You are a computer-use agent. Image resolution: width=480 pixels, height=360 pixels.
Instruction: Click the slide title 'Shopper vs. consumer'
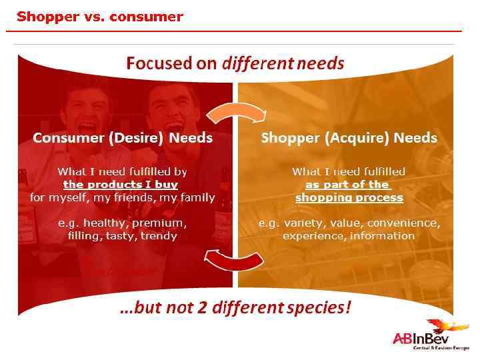click(x=100, y=17)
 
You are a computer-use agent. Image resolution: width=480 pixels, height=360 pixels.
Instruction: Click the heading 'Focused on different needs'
click(x=235, y=63)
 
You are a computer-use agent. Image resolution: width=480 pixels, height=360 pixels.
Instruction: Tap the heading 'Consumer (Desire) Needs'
click(x=123, y=138)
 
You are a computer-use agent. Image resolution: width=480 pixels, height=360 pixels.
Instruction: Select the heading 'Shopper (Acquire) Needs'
click(x=349, y=138)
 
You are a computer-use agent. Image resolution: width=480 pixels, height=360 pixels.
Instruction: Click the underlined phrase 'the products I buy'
click(x=121, y=185)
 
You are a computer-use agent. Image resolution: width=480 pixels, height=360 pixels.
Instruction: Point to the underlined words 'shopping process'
click(x=349, y=198)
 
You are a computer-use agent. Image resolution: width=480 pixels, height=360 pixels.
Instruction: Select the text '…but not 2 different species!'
click(x=235, y=308)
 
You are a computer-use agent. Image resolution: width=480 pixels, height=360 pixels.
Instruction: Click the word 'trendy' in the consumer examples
click(x=159, y=236)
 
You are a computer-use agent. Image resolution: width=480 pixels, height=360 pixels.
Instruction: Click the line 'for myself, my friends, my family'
click(x=123, y=198)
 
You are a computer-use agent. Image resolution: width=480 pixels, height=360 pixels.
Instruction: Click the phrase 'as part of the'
click(x=347, y=185)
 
